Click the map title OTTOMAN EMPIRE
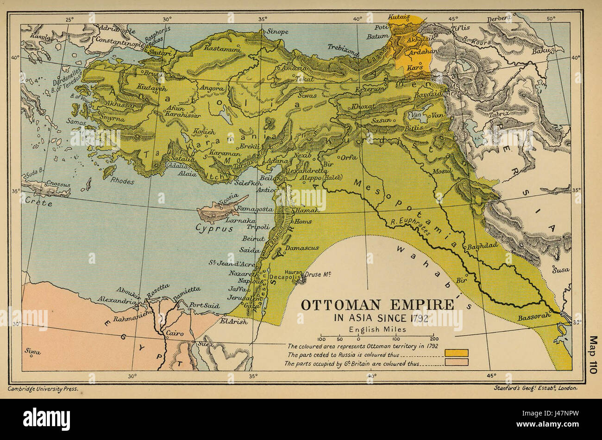tap(377, 305)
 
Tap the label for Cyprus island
tap(213, 228)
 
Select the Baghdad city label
tap(482, 247)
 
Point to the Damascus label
tap(301, 248)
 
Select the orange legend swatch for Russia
tap(456, 353)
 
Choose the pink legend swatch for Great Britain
tap(456, 362)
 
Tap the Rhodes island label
tap(122, 181)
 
